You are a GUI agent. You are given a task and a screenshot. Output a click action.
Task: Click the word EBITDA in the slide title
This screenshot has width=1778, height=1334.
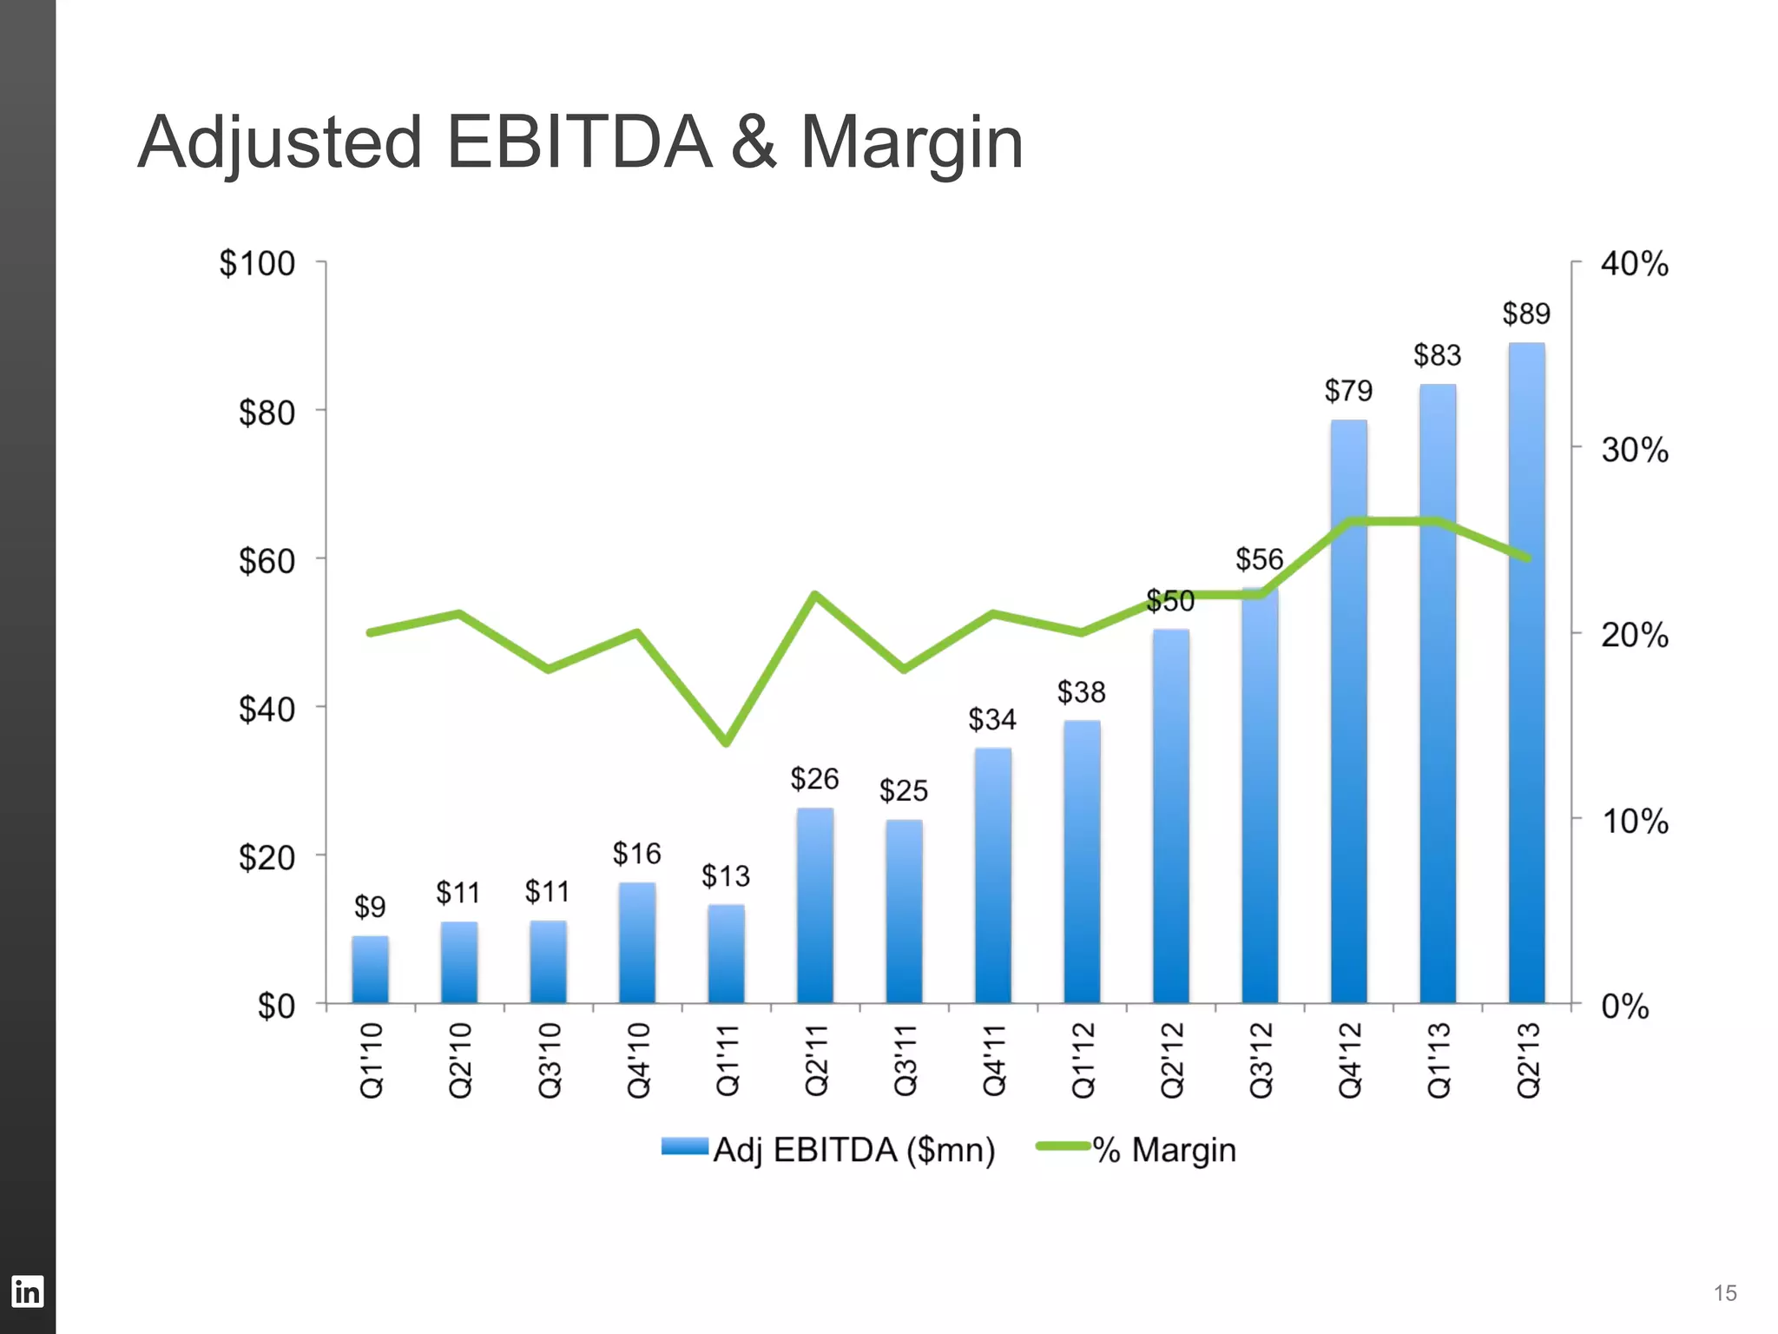(578, 142)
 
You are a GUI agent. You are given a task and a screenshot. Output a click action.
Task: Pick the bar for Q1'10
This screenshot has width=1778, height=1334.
(370, 970)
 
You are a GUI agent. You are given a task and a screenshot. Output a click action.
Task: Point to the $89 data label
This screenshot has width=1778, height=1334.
(1526, 314)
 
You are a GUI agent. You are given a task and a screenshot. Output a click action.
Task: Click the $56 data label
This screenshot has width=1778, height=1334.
(1259, 559)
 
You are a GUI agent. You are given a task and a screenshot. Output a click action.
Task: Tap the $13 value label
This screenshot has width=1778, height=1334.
(726, 875)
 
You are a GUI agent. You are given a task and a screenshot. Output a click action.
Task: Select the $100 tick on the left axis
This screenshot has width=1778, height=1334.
(257, 263)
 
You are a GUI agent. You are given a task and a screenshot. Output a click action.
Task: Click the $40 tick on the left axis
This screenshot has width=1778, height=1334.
(267, 710)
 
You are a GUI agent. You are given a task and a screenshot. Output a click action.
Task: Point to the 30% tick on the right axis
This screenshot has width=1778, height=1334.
(1634, 450)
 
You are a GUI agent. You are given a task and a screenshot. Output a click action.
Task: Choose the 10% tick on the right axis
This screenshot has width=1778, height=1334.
(1634, 821)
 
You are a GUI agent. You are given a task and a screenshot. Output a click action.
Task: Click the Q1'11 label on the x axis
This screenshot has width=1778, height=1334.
(728, 1060)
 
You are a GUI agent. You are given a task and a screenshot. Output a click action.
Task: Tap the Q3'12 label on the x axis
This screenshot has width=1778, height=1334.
(1261, 1060)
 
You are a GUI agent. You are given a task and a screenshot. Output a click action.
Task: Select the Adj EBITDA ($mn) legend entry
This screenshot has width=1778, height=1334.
(829, 1149)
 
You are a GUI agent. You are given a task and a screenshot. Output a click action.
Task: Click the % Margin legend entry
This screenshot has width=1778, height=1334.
(1137, 1149)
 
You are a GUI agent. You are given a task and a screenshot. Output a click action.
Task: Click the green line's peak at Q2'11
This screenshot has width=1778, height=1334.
(814, 595)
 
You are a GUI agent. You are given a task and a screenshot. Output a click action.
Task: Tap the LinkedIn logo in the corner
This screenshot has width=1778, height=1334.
(27, 1291)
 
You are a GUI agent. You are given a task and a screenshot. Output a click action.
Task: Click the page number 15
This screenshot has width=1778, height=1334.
(1724, 1293)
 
